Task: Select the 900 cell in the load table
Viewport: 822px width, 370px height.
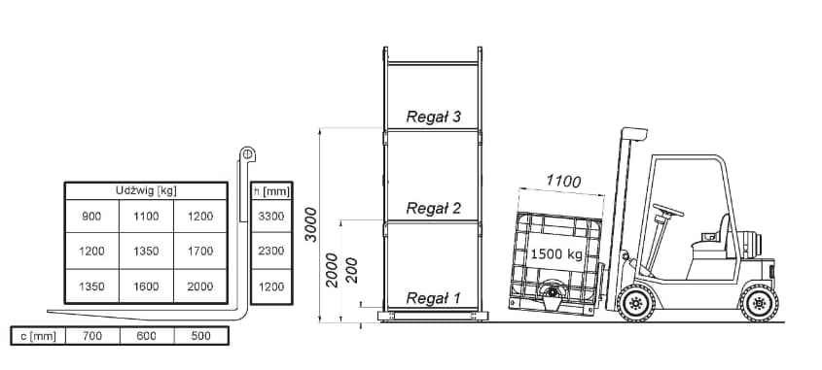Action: [91, 216]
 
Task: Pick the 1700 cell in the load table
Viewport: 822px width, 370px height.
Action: [200, 251]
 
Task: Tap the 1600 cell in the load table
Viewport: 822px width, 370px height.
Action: [146, 286]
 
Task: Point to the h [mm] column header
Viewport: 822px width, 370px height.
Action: [269, 190]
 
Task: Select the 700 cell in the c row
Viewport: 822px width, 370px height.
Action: [91, 336]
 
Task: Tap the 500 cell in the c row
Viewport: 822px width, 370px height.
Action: [200, 336]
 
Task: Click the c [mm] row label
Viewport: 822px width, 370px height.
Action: [37, 336]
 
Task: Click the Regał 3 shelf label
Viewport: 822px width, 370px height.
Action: [433, 117]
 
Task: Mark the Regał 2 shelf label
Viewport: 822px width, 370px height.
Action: [433, 208]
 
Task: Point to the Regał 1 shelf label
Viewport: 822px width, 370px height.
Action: [433, 298]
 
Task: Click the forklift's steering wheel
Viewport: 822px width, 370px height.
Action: [667, 210]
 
